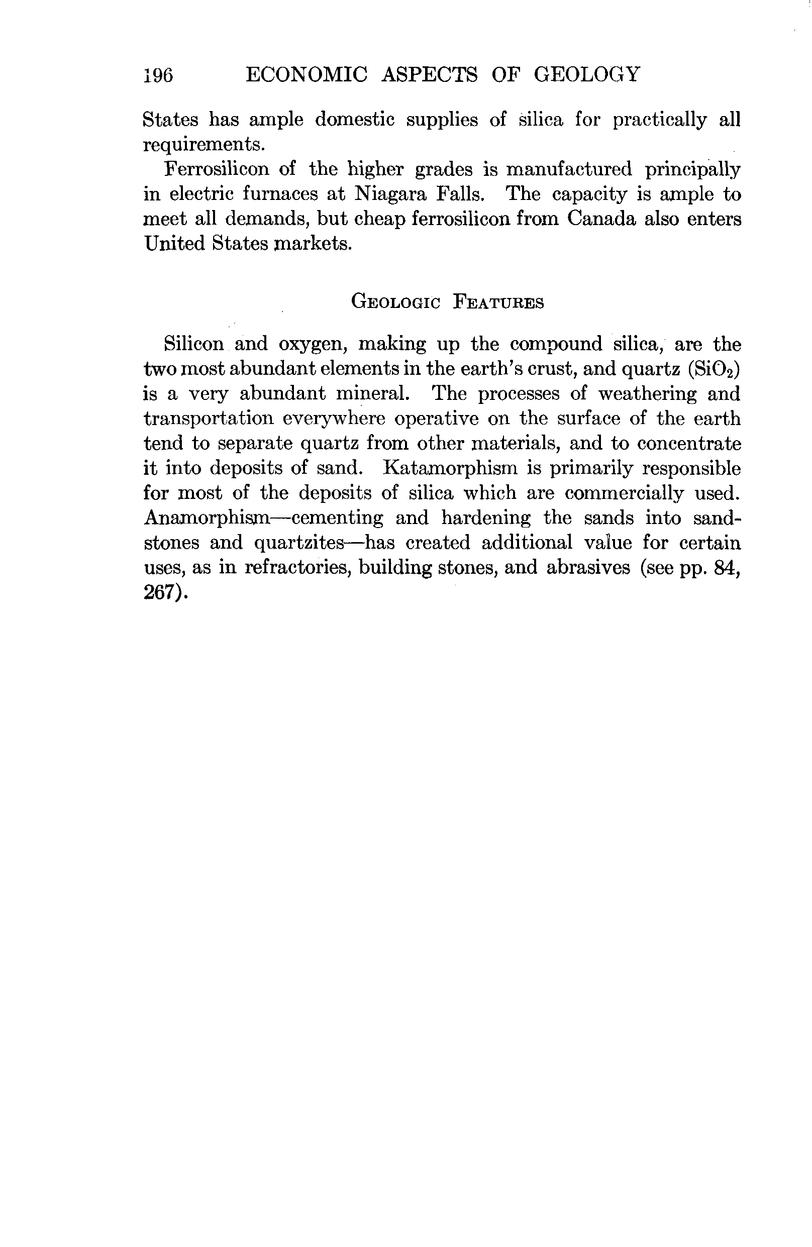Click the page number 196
coord(158,75)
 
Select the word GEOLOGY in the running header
coord(587,74)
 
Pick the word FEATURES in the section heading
coord(498,302)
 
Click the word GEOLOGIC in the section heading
coord(396,302)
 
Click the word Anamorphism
coord(207,517)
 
